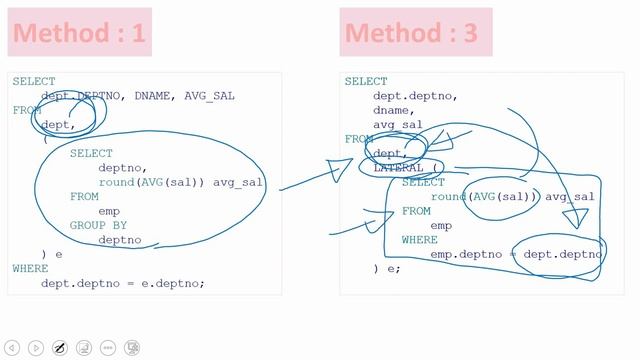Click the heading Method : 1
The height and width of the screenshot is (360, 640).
point(79,33)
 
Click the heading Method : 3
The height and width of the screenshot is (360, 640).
point(412,33)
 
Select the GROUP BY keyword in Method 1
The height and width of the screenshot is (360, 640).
point(98,226)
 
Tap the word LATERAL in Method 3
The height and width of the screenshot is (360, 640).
point(398,168)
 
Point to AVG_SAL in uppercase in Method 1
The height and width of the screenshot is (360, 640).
point(219,96)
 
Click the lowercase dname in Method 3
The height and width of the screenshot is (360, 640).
point(393,111)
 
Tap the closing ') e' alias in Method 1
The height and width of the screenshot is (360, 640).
point(52,255)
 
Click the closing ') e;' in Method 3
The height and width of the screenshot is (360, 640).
point(387,269)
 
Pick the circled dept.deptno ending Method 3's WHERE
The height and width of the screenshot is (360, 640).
point(563,255)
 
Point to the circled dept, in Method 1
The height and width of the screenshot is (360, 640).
point(58,125)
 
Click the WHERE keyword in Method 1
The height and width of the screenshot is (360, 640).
point(30,269)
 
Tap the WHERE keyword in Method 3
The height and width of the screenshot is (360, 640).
point(420,240)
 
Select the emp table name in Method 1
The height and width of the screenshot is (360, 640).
point(109,211)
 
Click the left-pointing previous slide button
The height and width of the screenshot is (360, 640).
point(11,348)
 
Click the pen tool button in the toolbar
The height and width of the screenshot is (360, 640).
point(59,348)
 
